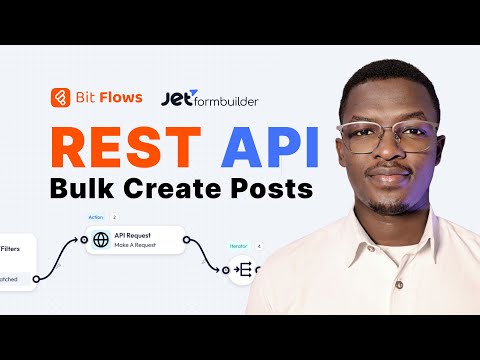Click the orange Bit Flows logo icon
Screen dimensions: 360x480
tap(62, 98)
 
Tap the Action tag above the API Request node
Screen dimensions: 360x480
tap(96, 217)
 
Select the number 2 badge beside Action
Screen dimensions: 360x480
tap(115, 217)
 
